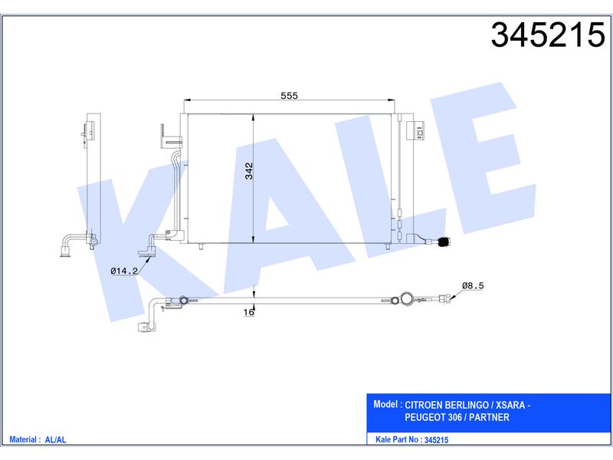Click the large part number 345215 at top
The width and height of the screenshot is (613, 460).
click(548, 35)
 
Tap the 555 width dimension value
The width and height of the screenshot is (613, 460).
click(290, 95)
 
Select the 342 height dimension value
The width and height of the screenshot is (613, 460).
click(249, 171)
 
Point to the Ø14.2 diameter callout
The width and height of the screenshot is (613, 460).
click(124, 271)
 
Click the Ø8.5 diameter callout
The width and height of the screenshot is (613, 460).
click(473, 285)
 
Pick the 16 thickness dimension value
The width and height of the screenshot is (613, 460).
click(248, 312)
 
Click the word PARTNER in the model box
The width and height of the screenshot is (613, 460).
click(489, 417)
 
